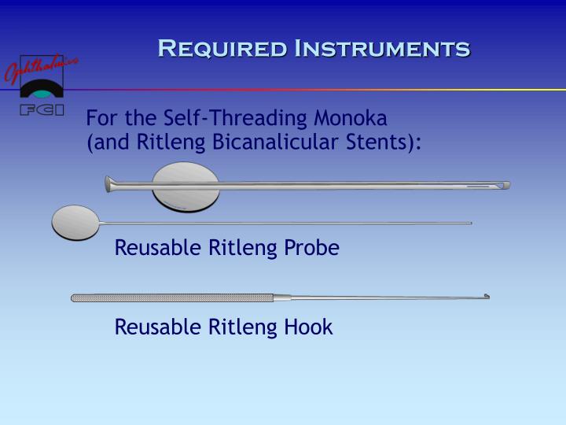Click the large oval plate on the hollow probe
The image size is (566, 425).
click(186, 186)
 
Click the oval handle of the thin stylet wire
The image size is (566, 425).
click(75, 222)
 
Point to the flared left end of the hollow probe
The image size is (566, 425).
click(110, 185)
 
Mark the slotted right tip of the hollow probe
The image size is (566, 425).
click(503, 186)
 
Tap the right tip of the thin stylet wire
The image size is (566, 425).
click(469, 224)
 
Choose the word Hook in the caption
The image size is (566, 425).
click(312, 327)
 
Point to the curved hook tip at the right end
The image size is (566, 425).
click(487, 296)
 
